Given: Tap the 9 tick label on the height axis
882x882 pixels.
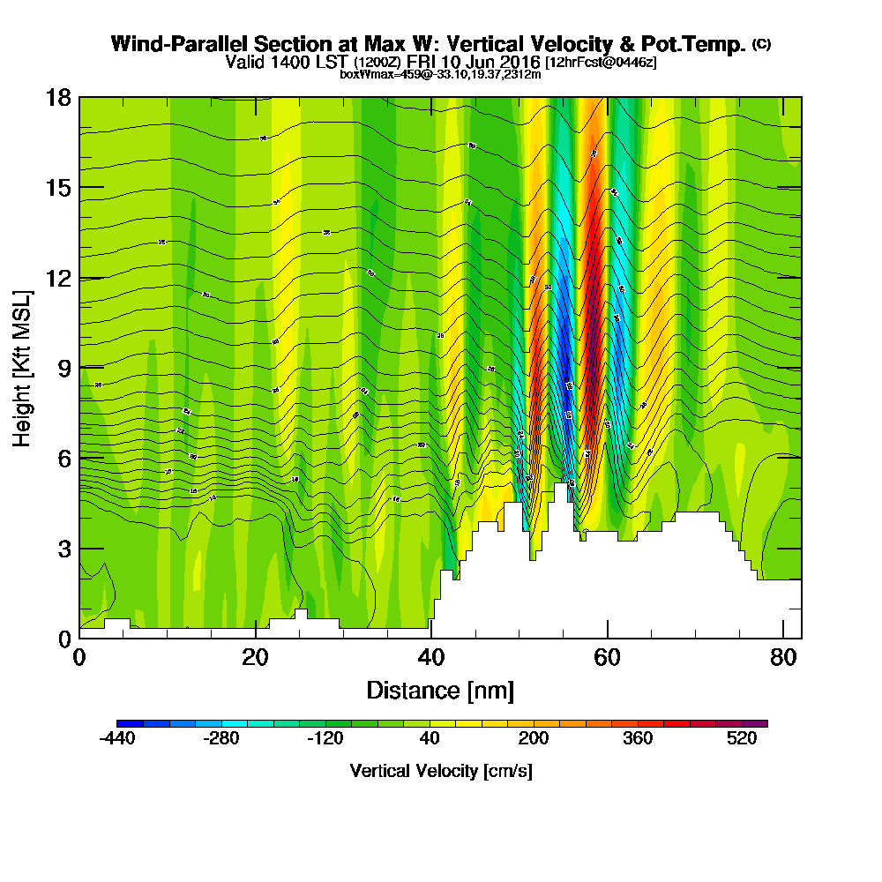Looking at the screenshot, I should tap(63, 368).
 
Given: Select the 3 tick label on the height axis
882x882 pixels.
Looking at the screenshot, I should tap(63, 549).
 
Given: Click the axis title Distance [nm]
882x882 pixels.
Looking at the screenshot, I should tap(440, 690).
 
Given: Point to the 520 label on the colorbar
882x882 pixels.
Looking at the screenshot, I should tap(743, 739).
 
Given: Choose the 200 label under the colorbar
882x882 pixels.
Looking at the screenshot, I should tap(534, 739).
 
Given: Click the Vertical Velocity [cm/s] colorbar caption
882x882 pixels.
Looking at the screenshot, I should tap(441, 771).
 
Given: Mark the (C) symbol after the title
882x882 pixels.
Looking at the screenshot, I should tap(761, 44).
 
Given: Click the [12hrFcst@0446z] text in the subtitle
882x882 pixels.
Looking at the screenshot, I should tap(601, 63).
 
